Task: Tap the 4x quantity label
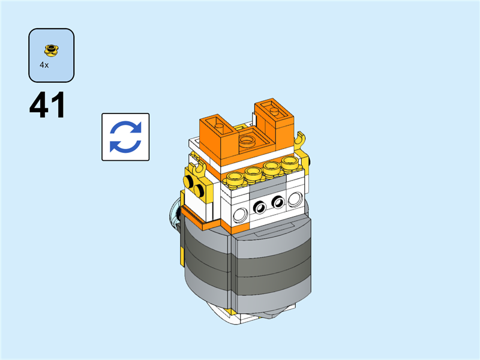click(44, 65)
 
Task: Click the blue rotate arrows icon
click(125, 137)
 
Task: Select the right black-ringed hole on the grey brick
click(278, 202)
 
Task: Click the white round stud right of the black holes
click(295, 199)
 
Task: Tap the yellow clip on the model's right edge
click(301, 142)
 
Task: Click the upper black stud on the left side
click(190, 181)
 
